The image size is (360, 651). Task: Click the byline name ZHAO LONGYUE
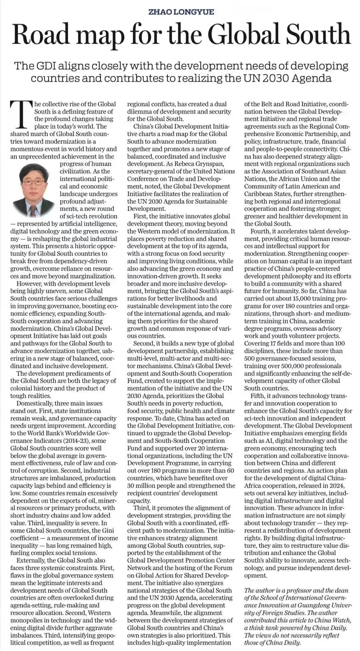(x=181, y=12)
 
